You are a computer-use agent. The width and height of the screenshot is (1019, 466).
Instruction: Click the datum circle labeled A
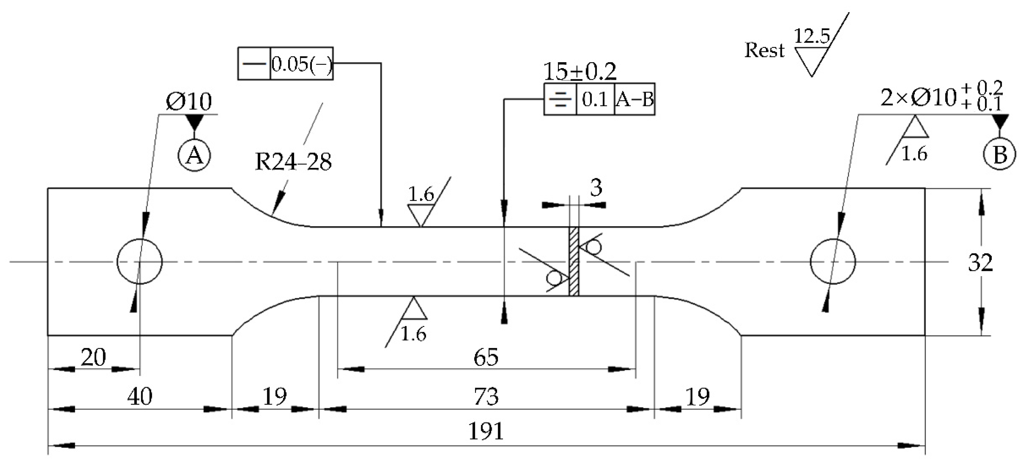194,155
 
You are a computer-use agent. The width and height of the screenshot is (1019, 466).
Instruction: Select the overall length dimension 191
486,431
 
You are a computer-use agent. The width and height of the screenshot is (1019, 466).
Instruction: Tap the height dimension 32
980,262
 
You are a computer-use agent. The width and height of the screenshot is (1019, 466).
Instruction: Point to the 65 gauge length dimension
486,357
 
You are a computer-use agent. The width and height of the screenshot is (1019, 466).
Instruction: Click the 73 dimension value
486,396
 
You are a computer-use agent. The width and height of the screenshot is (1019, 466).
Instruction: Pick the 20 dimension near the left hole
93,357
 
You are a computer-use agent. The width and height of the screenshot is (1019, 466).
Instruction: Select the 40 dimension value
140,396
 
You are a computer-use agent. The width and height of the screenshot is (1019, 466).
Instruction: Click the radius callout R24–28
293,162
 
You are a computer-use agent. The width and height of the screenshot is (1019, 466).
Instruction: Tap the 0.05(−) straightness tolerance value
301,64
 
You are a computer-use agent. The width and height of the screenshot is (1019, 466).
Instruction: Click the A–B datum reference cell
634,99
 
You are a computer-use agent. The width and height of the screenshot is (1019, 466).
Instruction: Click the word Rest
764,50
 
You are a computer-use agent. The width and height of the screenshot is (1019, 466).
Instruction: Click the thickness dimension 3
596,188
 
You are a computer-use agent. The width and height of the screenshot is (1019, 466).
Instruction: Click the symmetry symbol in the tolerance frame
560,99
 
